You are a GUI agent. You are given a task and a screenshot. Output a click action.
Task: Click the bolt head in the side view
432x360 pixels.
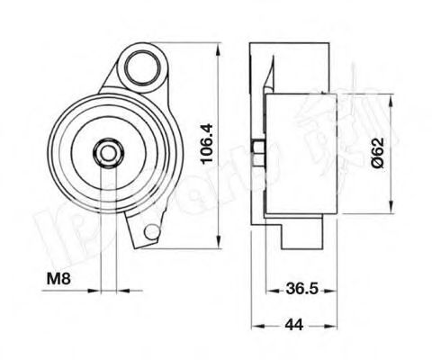point(259,152)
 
